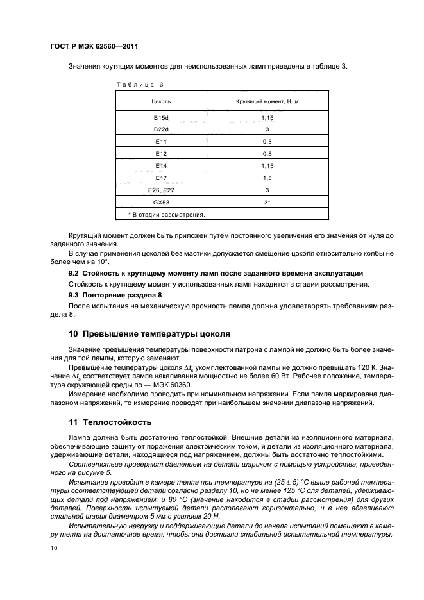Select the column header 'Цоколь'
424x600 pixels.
pyautogui.click(x=161, y=101)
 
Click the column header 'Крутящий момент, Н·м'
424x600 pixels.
pyautogui.click(x=264, y=101)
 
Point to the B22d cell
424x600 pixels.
pyautogui.click(x=161, y=130)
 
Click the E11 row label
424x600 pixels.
pyautogui.click(x=161, y=142)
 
